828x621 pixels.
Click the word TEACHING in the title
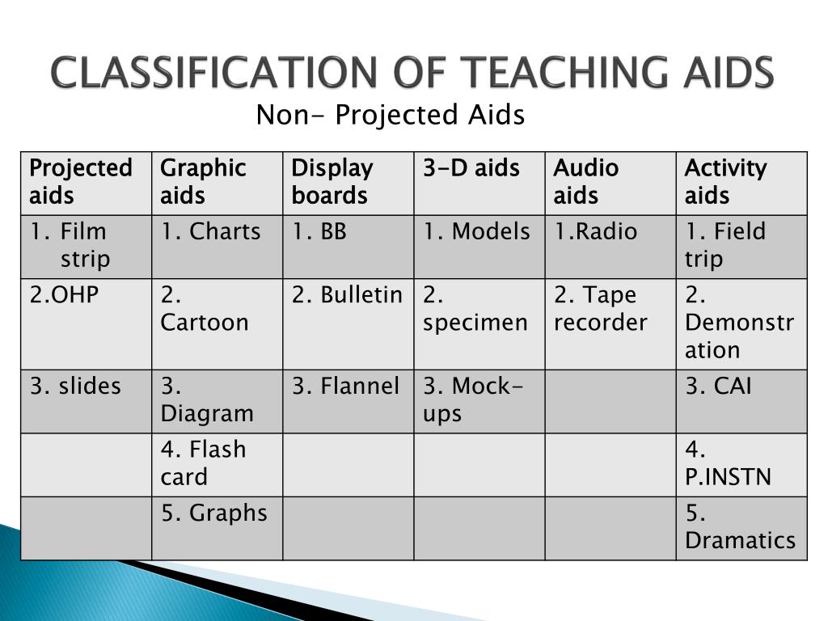pyautogui.click(x=540, y=74)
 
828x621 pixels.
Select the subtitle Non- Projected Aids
pyautogui.click(x=391, y=116)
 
